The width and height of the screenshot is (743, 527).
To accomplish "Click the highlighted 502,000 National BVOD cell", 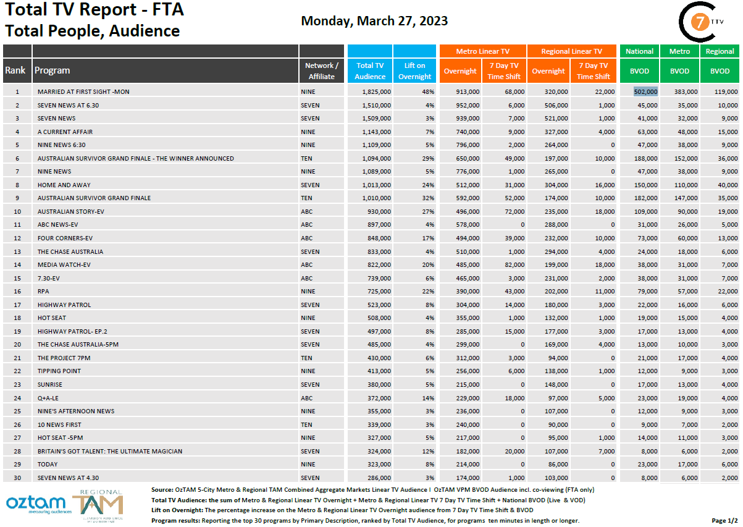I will click(x=645, y=91).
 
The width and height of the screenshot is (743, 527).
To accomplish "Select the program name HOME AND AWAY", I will click(x=64, y=185).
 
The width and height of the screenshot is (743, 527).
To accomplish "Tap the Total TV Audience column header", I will click(x=370, y=71).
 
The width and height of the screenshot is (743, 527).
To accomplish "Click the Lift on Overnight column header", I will click(x=414, y=71).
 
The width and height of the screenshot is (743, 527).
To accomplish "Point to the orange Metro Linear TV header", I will click(x=482, y=51).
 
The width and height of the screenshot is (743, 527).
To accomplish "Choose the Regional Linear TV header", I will click(x=571, y=51).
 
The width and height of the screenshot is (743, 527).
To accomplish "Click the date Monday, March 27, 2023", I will click(x=374, y=21).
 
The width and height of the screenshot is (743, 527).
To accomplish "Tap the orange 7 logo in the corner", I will click(x=699, y=22).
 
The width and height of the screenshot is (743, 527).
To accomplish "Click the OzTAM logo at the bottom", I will click(x=35, y=504).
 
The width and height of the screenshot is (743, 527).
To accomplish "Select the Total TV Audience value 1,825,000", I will click(x=373, y=91).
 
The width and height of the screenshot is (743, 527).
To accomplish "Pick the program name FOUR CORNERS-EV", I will click(x=65, y=238).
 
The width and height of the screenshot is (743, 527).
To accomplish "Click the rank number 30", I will click(x=17, y=478).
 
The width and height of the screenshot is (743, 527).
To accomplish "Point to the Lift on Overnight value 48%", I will click(x=428, y=91).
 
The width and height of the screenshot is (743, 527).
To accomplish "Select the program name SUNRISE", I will click(x=50, y=384).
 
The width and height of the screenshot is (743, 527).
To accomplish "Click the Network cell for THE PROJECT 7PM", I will click(x=307, y=358).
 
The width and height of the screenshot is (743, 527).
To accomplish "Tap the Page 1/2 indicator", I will click(x=724, y=521).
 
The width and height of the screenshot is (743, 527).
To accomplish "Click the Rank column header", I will click(x=15, y=70).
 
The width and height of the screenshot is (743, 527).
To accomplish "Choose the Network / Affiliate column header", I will click(x=321, y=71).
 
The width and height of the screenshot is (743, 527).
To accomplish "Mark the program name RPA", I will click(x=43, y=291).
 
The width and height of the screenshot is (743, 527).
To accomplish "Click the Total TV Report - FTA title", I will click(x=94, y=11).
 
